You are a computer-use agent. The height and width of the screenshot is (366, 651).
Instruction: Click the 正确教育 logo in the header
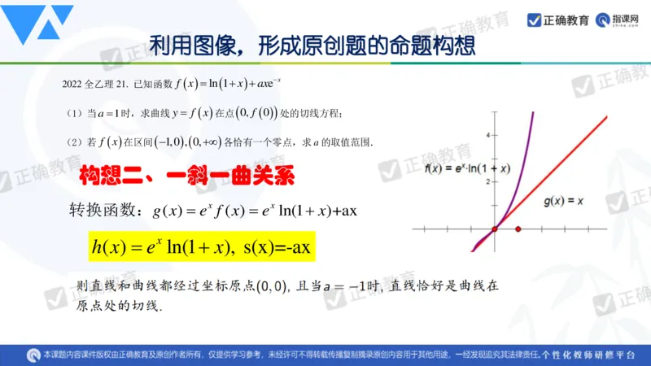[x=558, y=20]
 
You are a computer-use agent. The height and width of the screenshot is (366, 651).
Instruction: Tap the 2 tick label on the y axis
[x=487, y=181]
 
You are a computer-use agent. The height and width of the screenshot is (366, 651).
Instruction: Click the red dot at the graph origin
[x=494, y=229]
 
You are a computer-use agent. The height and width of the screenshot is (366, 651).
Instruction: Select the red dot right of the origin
[x=518, y=229]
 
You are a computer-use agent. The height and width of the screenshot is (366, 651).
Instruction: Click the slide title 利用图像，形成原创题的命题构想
[x=312, y=43]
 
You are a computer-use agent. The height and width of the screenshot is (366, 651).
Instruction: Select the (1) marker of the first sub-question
[x=74, y=112]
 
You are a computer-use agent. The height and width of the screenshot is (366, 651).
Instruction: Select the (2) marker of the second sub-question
[x=74, y=142]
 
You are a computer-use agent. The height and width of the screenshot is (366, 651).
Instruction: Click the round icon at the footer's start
[x=33, y=355]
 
